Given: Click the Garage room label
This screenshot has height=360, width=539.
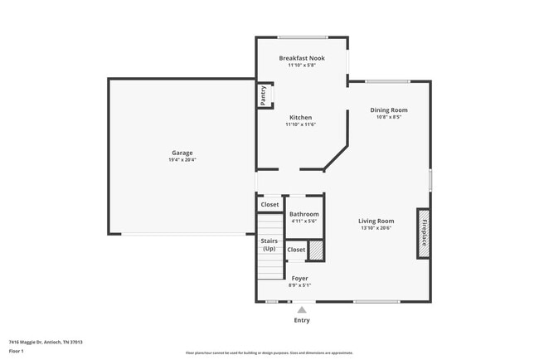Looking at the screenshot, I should coord(182,153).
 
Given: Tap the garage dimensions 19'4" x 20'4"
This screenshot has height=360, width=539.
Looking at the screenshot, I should coord(182,160).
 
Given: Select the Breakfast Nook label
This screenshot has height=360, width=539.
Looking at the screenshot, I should coord(302,58).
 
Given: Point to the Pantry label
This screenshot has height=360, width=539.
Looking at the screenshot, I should coord(264,95).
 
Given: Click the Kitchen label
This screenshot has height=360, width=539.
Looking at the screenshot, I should coord(300,117).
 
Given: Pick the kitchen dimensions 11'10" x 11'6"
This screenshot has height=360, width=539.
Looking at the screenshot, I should coord(301,124).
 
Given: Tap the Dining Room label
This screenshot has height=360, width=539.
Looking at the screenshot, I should coord(389,109).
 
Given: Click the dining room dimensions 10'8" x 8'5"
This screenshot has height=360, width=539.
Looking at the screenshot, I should coord(389,117).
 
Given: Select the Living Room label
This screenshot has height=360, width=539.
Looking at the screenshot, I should coord(376,221).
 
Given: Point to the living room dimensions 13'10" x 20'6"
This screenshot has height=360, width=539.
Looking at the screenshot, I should coord(376,228).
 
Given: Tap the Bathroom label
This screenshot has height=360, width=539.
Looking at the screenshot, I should coord(303,214).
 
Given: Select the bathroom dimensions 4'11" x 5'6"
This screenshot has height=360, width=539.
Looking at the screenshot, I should coord(303,221).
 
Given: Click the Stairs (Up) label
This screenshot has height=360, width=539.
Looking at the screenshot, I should coord(269,245).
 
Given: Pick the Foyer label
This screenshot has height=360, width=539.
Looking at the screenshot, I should coord(299,278).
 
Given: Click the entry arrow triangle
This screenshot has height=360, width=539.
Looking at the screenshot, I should coord(302,309).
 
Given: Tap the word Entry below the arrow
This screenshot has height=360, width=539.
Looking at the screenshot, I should coord(302,319).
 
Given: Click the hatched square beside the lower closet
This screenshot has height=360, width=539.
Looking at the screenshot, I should coord(315,249).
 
